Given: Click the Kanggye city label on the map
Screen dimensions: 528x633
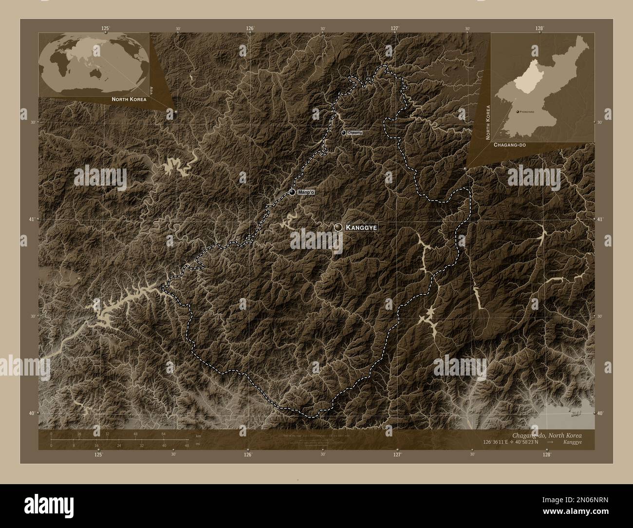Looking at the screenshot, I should pos(362,227).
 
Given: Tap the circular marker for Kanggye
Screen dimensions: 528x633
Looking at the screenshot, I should pos(337,227).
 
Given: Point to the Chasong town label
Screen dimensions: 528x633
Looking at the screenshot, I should pos(355,132).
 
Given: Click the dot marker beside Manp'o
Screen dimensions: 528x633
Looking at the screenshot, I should pos(292,192).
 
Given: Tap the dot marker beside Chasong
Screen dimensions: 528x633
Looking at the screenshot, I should pos(343,132).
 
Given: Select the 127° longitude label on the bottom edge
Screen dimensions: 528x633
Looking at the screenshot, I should pos(397,455).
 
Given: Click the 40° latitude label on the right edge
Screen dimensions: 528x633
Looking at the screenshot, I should pos(601,413).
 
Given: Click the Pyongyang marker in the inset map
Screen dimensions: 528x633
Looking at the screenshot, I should pos(517,112).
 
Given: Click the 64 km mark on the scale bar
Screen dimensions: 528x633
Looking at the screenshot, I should pos(164,435).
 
